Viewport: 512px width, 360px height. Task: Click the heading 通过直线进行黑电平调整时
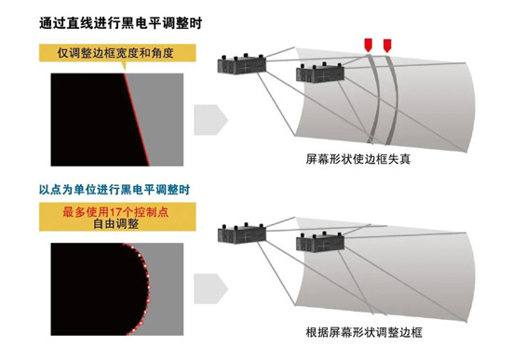[121, 23]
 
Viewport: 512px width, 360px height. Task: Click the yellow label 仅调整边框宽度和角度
[117, 53]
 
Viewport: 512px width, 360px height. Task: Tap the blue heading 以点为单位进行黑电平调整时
[115, 189]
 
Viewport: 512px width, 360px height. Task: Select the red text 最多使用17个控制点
[115, 212]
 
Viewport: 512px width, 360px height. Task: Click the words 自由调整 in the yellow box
[116, 224]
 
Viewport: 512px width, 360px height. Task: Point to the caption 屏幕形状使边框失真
[358, 159]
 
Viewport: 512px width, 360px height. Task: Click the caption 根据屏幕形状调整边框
[364, 332]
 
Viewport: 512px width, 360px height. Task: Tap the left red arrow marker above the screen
[368, 45]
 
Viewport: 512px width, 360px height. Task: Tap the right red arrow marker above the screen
[387, 46]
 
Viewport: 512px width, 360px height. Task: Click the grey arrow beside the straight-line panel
[210, 120]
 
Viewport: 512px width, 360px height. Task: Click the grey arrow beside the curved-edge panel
[210, 289]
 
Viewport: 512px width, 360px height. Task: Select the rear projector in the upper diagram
[242, 64]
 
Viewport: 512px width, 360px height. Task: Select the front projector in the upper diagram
[320, 73]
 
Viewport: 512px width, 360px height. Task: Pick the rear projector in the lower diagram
[242, 233]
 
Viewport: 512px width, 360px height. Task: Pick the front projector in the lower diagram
[320, 242]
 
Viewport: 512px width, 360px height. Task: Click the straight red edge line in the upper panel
[137, 119]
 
